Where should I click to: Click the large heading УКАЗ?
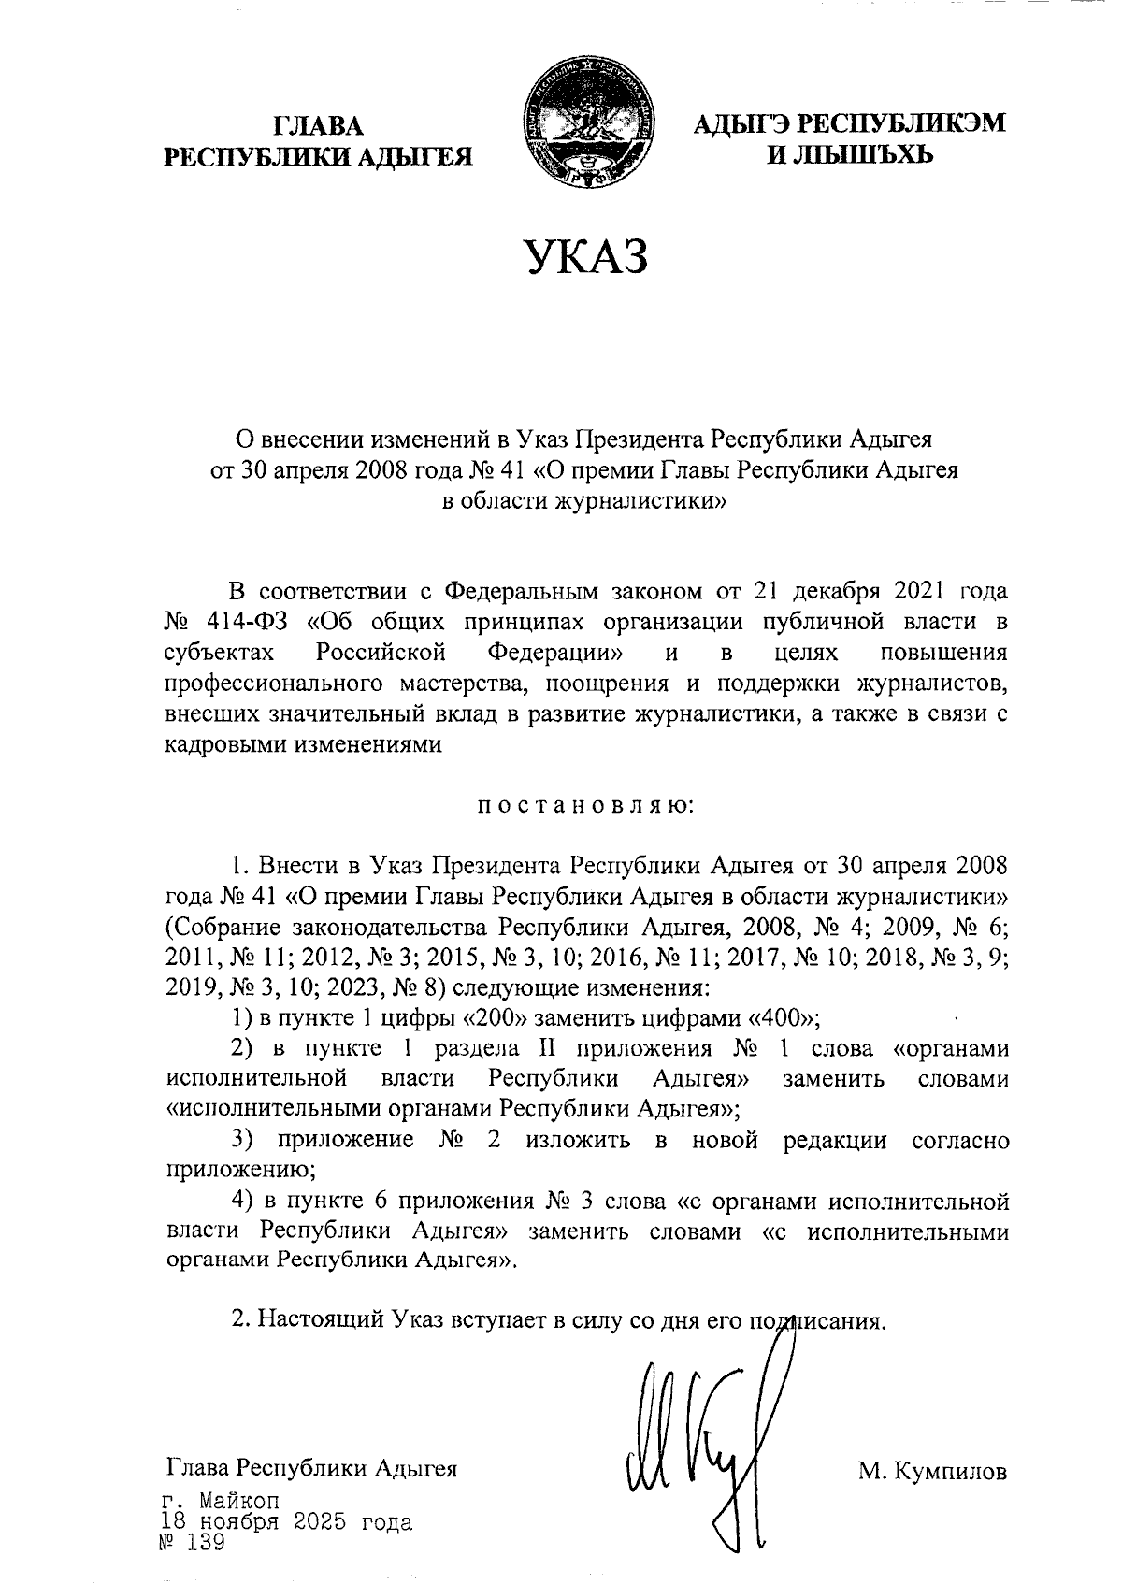click(x=585, y=257)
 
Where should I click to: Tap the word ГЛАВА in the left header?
click(x=318, y=125)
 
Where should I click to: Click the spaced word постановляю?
click(x=585, y=805)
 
